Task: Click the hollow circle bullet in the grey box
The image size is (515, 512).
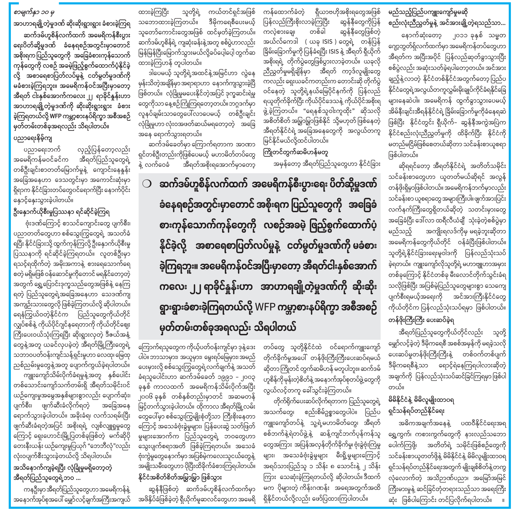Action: pyautogui.click(x=147, y=184)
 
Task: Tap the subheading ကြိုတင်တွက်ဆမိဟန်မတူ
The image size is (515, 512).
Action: pyautogui.click(x=295, y=153)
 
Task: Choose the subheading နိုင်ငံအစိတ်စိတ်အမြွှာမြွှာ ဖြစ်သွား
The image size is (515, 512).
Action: pyautogui.click(x=180, y=477)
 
